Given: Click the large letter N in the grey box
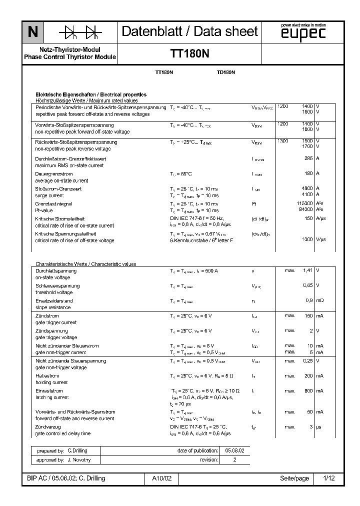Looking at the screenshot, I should tap(32, 32).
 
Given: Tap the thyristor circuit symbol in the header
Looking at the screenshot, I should tap(80, 32).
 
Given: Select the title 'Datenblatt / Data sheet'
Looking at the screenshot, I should tap(190, 31).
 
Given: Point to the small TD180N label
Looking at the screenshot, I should tap(226, 73).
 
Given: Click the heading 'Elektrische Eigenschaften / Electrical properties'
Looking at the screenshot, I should tap(90, 94).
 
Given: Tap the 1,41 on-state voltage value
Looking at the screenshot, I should tap(307, 270).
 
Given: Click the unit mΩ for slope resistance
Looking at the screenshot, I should tap(320, 300).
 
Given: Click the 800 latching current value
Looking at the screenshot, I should tap(308, 391).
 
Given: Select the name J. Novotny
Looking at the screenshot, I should tap(78, 459).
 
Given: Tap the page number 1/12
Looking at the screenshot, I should tap(328, 478).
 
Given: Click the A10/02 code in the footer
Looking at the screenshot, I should tap(161, 478).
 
